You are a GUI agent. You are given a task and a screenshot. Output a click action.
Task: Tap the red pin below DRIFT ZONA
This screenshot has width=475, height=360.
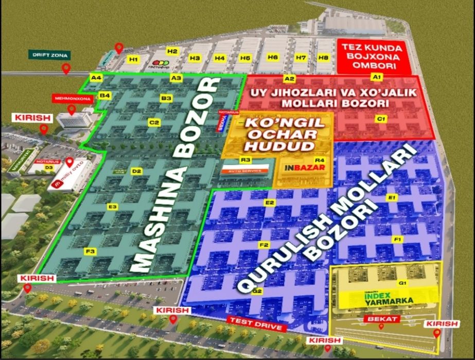tap(65, 68)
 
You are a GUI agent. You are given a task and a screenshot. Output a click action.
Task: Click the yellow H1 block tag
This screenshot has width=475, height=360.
tap(134, 60)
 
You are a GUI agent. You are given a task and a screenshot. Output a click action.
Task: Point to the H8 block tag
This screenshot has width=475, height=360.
tap(323, 57)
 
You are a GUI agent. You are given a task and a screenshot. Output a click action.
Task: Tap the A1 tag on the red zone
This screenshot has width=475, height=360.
tap(376, 76)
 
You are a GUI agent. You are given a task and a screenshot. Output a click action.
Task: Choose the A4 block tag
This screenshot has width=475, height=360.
tap(96, 78)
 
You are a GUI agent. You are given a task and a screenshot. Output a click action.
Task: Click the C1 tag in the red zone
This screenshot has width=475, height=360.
tap(381, 119)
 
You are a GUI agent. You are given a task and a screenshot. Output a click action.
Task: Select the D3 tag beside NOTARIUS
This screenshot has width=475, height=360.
tap(49, 167)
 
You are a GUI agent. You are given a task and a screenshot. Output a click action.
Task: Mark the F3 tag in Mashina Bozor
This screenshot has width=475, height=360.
tap(91, 251)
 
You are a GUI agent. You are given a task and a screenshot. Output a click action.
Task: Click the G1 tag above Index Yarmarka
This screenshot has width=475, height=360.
tap(402, 283)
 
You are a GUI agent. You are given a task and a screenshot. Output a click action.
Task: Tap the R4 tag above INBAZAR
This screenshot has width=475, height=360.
tap(320, 160)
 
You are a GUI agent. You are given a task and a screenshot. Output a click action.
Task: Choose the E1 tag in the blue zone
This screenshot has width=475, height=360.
tap(392, 198)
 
